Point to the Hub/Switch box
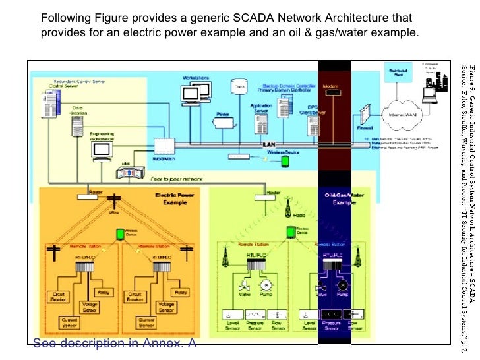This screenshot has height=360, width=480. point(164,146)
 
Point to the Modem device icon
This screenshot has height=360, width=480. point(332,91)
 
